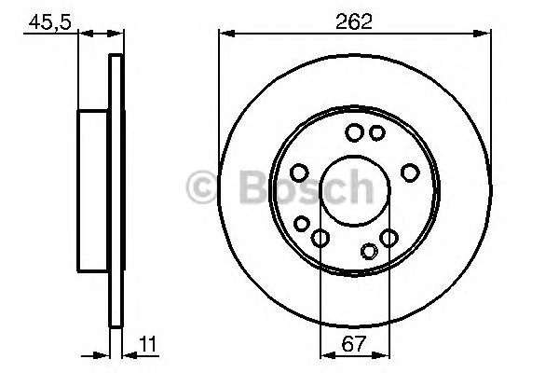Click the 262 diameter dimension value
point(354,21)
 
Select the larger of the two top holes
point(354,133)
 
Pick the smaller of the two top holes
point(376,133)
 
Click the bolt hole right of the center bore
point(410,173)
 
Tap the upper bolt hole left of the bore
point(299,173)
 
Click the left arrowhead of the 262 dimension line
point(224,35)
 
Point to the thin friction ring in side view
point(116,193)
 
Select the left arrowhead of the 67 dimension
point(325,354)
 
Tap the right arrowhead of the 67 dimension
point(383,354)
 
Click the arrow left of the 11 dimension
point(103,354)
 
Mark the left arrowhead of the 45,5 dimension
point(85,35)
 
